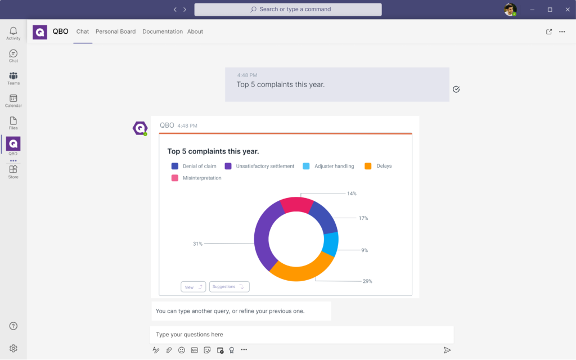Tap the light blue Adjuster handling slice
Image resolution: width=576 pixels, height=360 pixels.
331,244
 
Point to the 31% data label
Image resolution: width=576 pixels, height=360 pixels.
197,244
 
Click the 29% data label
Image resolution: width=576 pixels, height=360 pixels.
367,281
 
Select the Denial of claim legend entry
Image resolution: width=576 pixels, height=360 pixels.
194,166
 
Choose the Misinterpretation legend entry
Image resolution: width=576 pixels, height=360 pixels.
196,178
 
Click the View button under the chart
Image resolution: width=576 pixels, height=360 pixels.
193,287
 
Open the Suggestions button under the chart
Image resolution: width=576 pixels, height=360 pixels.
229,287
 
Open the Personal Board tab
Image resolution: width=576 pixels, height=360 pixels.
115,31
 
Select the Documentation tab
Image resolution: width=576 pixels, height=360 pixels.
163,31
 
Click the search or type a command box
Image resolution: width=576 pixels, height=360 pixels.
288,10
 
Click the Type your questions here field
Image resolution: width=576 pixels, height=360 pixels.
301,335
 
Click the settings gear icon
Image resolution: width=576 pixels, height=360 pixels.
13,349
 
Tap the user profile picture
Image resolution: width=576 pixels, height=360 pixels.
510,10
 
